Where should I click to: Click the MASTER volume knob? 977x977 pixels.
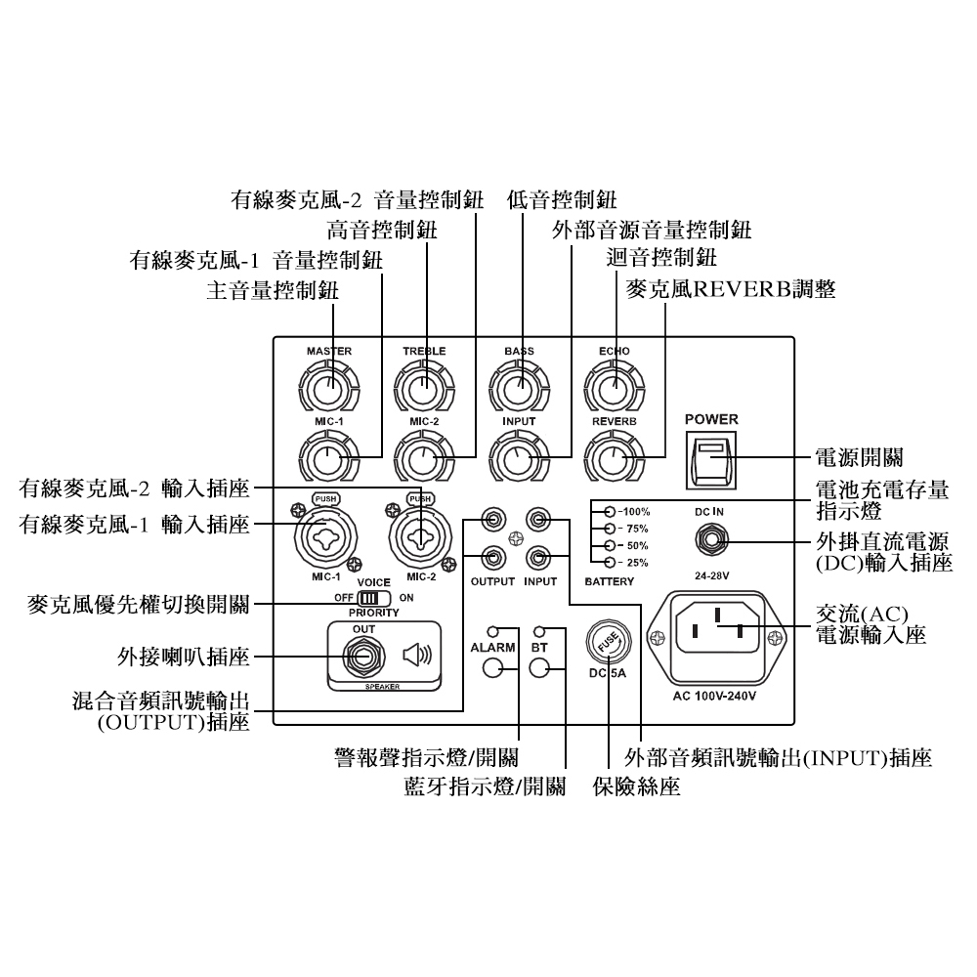point(328,387)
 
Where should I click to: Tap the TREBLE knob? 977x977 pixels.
point(423,387)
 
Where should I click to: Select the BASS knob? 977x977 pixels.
point(519,387)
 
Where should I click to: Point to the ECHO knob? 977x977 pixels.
point(615,387)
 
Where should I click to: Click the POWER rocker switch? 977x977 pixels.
point(710,459)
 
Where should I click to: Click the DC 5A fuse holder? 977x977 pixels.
point(608,645)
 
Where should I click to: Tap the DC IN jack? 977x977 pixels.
point(710,538)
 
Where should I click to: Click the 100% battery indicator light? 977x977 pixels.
point(610,511)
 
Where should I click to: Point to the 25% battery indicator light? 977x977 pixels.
point(610,562)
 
